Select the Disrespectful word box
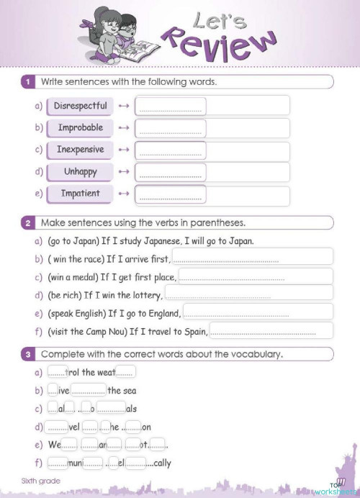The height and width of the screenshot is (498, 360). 80,106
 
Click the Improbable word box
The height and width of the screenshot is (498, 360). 80,128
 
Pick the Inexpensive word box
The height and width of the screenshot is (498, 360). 80,150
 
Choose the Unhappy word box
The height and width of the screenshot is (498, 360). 80,172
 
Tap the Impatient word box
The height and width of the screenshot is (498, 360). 80,194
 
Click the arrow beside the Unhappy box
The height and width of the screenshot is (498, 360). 123,173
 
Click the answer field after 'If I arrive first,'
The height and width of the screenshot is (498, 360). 252,258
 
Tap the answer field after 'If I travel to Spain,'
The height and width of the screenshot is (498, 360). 271,331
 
